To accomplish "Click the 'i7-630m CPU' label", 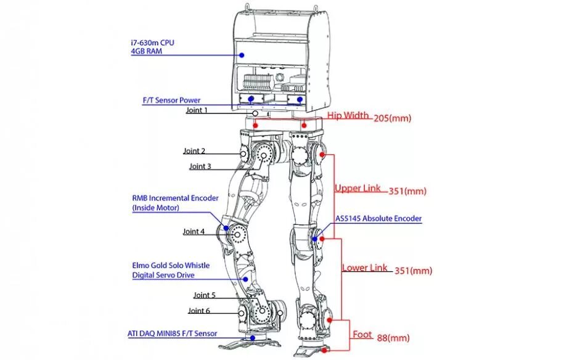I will (x=152, y=42).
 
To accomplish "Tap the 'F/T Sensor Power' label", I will (x=171, y=100).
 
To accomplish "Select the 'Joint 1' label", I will (x=197, y=110).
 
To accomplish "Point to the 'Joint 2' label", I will (x=194, y=150).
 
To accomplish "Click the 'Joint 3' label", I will (x=200, y=166).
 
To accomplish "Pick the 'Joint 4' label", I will (x=194, y=232).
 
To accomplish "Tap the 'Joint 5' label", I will (x=205, y=295).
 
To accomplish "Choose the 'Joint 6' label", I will (x=199, y=311).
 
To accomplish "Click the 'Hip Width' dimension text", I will (x=348, y=115).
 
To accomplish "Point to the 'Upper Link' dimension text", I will (x=357, y=188).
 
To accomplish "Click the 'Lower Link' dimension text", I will (x=365, y=268).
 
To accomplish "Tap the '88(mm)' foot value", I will (x=393, y=338).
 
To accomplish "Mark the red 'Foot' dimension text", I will (x=362, y=335).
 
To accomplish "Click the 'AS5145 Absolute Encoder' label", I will (x=378, y=218).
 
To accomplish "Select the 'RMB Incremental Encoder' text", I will (x=175, y=198).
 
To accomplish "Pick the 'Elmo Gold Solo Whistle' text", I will (x=171, y=266).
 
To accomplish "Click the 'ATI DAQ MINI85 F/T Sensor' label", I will (x=172, y=333).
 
